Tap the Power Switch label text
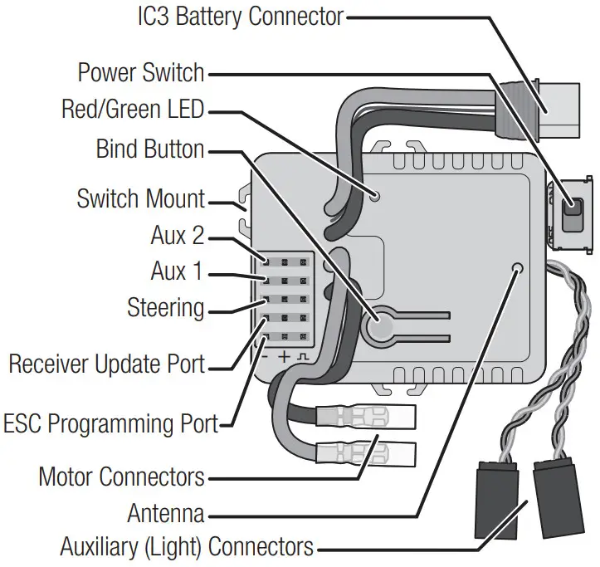140,72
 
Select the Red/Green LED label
133,110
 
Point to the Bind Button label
150,150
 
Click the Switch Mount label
140,199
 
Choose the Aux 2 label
177,236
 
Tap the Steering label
165,308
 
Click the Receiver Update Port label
106,364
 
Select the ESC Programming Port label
110,423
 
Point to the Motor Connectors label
121,477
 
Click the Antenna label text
165,513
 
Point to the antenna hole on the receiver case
519,268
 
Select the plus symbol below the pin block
284,357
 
